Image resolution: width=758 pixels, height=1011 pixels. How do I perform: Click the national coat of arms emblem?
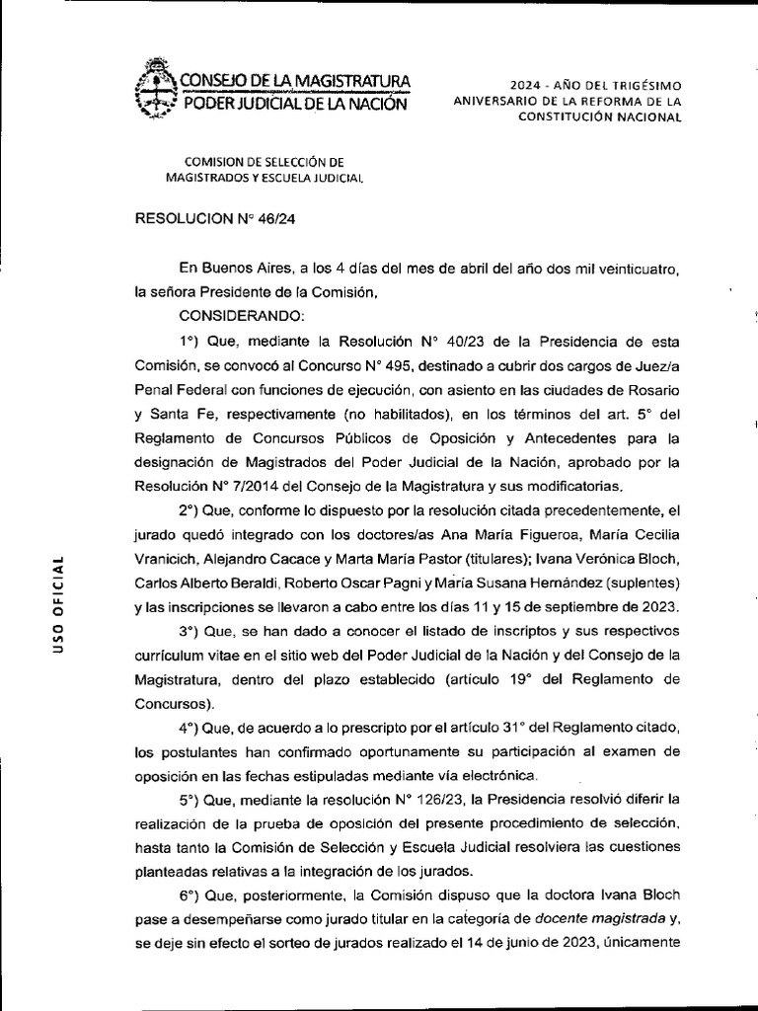pyautogui.click(x=153, y=91)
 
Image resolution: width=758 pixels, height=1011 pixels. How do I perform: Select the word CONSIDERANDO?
pyautogui.click(x=242, y=315)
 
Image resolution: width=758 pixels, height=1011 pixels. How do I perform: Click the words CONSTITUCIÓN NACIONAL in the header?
pyautogui.click(x=600, y=117)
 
